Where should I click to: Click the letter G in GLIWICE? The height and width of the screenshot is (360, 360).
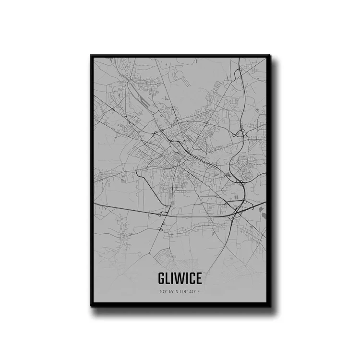[x=161, y=279]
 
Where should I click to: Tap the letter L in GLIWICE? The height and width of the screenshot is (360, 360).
[x=169, y=279]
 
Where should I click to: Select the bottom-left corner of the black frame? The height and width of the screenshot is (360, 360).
[x=91, y=306]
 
